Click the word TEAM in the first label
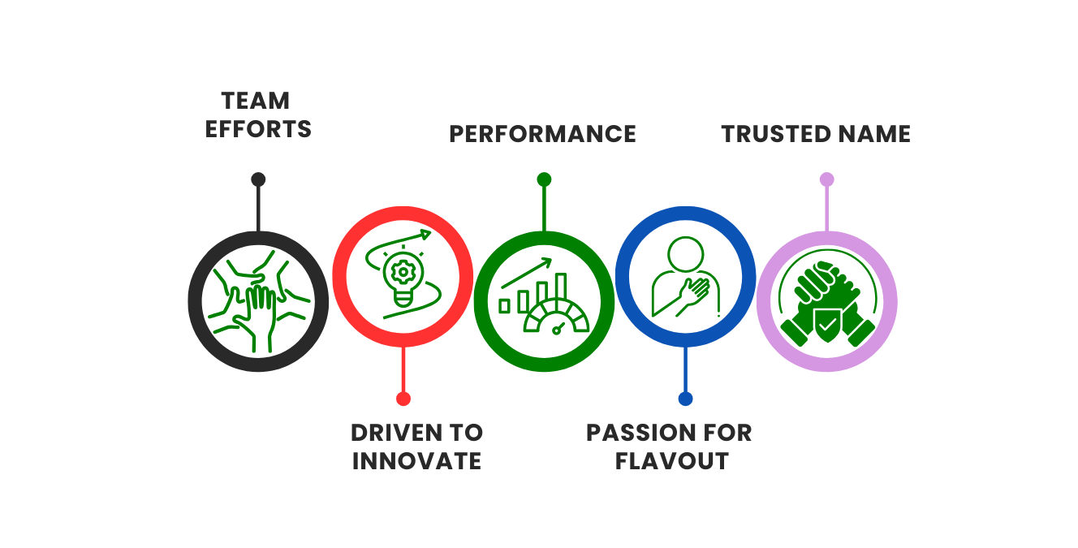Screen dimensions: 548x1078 257,101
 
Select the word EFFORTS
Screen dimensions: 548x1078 258,130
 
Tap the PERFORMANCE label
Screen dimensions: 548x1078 542,134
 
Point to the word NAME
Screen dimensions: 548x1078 875,134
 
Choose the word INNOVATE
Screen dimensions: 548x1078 416,461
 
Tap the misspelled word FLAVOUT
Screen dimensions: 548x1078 671,461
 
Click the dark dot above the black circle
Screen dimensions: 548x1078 258,179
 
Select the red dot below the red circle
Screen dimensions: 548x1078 403,399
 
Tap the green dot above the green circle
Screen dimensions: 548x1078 544,179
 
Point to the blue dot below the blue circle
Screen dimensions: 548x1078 685,399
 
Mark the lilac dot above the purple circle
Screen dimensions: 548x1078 826,179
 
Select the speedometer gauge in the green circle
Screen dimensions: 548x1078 557,321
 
